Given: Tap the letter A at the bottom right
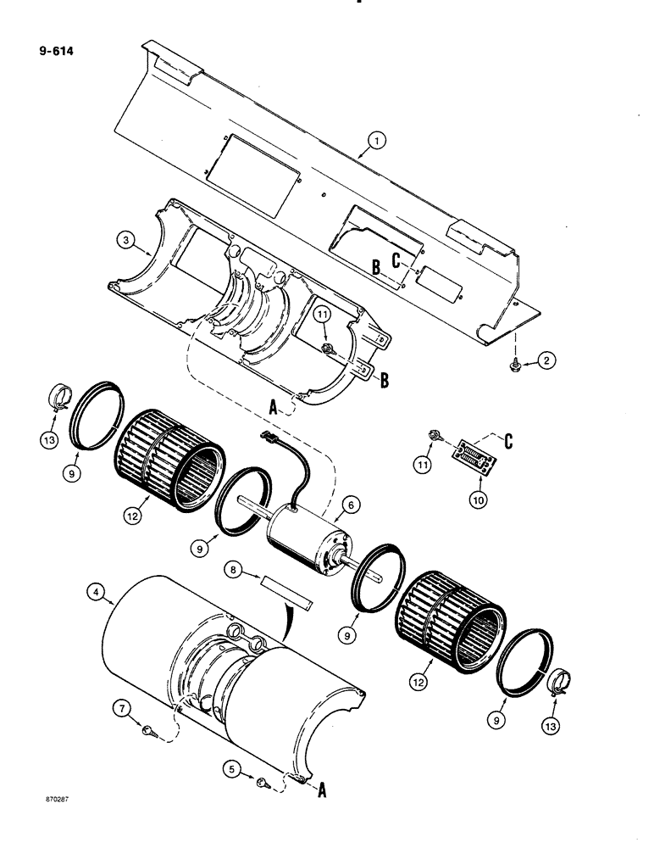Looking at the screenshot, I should click(x=321, y=789).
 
